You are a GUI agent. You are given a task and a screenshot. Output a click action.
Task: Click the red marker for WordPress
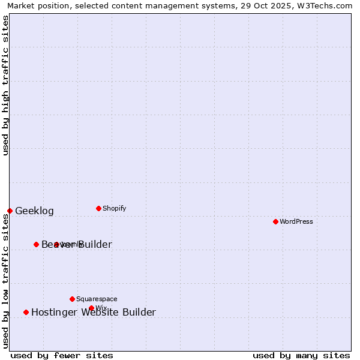275,221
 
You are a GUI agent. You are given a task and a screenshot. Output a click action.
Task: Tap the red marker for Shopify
98,208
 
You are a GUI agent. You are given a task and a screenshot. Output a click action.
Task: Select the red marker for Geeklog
10,211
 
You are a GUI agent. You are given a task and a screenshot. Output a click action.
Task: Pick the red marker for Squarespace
72,299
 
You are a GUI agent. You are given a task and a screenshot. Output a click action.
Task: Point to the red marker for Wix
91,308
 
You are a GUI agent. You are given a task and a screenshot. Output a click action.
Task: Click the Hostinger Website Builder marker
26,312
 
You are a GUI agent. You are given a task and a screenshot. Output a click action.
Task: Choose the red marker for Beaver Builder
36,244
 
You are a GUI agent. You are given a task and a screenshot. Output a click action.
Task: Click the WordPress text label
296,221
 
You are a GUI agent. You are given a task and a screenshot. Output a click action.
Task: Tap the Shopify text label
114,208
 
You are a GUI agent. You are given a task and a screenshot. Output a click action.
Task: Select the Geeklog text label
34,211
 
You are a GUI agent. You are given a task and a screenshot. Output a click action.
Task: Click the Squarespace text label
97,299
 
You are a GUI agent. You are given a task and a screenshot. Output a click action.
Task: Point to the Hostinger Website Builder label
93,312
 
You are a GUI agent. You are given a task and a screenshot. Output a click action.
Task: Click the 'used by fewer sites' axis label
62,355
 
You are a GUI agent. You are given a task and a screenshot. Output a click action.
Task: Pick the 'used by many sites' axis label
301,355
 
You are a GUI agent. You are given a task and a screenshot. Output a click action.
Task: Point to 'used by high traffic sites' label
5,85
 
